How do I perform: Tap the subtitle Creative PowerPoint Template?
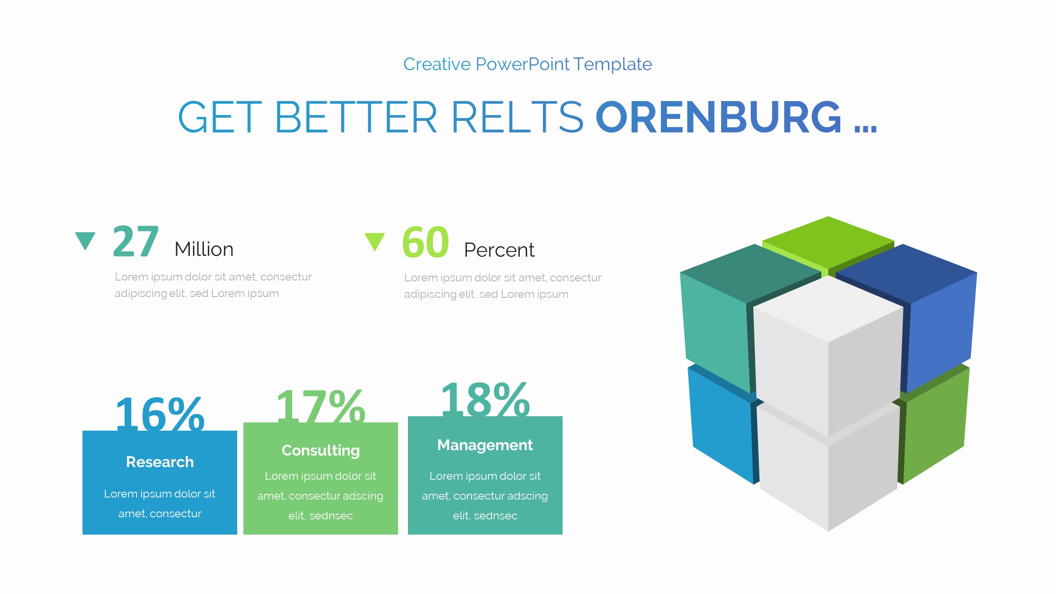(x=528, y=64)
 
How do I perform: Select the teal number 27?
(x=135, y=242)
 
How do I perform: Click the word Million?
(x=204, y=250)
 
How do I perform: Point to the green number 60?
(x=425, y=243)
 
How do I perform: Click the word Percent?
(x=499, y=250)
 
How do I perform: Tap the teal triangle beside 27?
(x=85, y=240)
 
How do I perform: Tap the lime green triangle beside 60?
(x=375, y=241)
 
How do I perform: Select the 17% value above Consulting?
(x=321, y=407)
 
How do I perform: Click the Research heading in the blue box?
(x=160, y=462)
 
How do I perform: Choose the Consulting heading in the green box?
(x=321, y=450)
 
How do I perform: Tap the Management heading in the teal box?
(x=485, y=445)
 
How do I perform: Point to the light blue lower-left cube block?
(x=720, y=429)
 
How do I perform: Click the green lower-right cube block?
(x=934, y=429)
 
